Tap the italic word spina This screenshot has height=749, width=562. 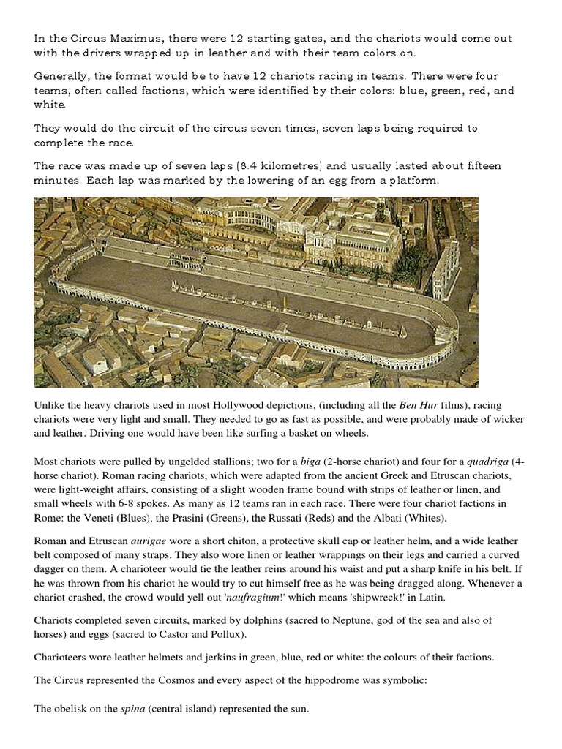point(135,708)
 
